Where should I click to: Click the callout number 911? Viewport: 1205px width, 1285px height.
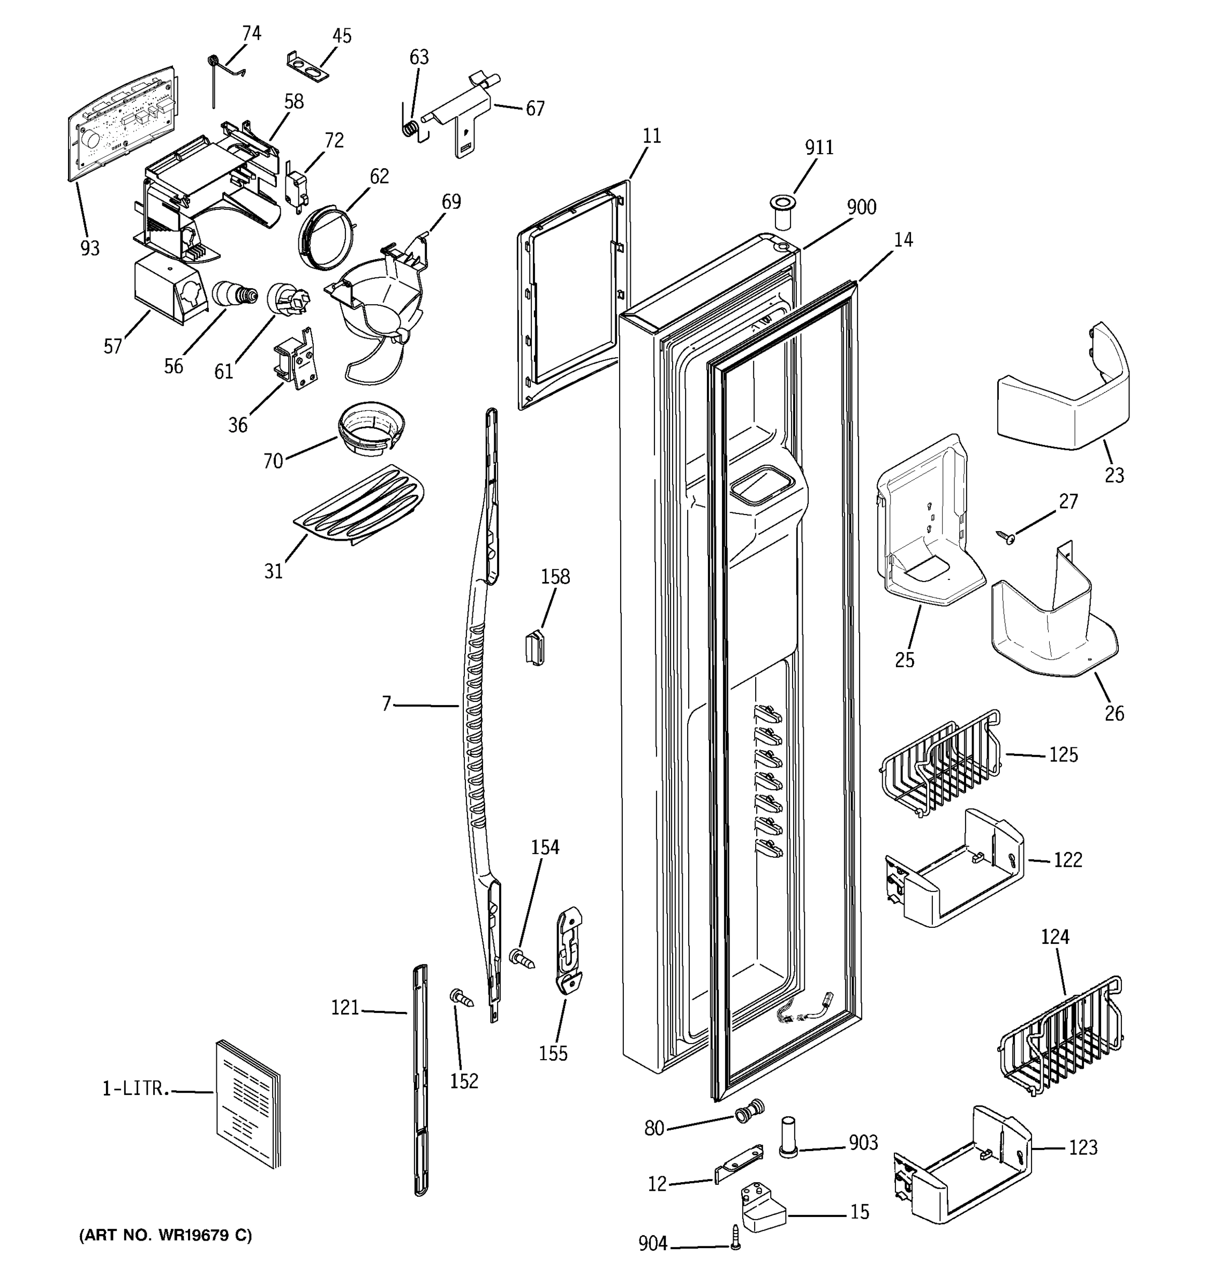click(818, 147)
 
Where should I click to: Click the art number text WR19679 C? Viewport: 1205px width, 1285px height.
click(165, 1235)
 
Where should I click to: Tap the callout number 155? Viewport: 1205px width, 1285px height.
click(553, 1054)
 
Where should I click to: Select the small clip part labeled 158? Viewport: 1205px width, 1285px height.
click(534, 648)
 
